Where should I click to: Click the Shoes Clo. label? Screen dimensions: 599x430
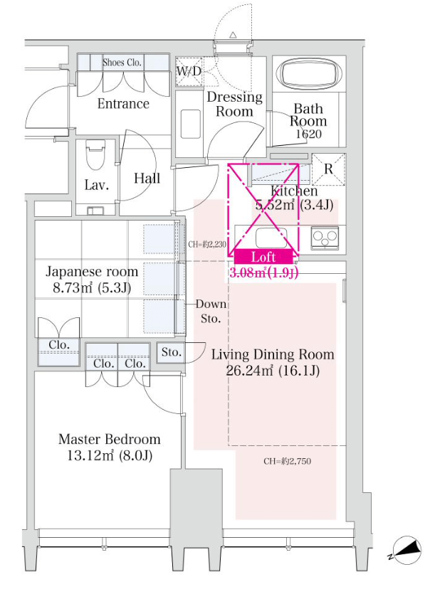click(122, 63)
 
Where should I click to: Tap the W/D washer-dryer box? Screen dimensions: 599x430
click(189, 71)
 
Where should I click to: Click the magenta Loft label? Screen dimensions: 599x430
click(264, 258)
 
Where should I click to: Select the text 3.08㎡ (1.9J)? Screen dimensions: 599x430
click(263, 272)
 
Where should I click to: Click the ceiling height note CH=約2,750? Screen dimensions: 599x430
click(287, 461)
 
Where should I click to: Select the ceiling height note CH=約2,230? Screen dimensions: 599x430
click(208, 244)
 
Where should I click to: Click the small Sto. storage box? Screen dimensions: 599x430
click(171, 352)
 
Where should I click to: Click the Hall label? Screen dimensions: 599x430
click(147, 178)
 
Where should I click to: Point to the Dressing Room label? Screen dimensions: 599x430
click(234, 104)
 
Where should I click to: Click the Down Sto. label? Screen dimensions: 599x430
click(211, 311)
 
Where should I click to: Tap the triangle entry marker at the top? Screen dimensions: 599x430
click(233, 34)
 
